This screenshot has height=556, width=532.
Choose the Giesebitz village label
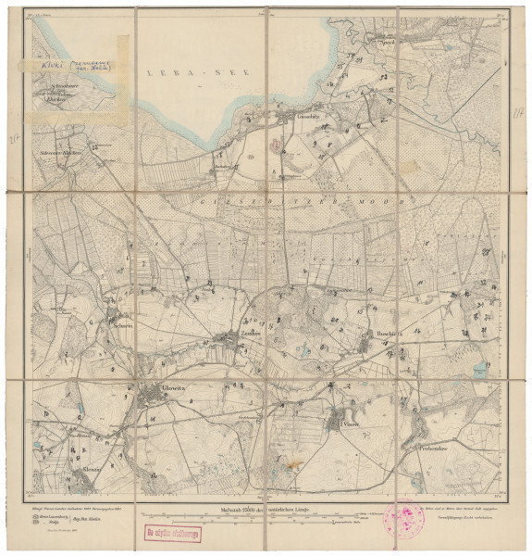(255, 122)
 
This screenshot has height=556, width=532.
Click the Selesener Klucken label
(56, 148)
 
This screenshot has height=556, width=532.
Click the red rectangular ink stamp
(172, 532)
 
